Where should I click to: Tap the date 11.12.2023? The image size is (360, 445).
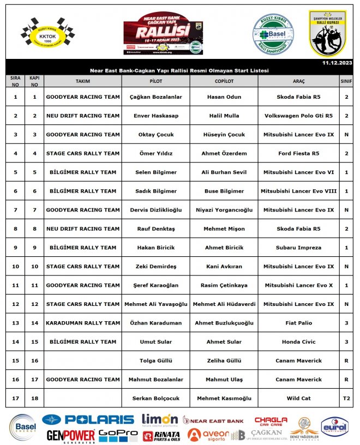click(337, 63)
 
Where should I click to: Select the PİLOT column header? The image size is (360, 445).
click(156, 81)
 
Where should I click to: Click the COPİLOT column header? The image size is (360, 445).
click(224, 81)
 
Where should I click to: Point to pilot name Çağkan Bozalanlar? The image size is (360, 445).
click(156, 97)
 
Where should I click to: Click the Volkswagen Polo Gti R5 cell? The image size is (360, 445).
click(298, 116)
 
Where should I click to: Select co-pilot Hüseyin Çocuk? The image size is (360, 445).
click(224, 135)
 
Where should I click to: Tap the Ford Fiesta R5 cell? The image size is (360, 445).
click(298, 153)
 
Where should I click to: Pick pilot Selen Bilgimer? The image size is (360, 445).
click(156, 172)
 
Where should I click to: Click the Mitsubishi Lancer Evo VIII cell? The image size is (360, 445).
click(298, 191)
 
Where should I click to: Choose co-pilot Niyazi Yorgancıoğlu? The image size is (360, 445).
click(224, 210)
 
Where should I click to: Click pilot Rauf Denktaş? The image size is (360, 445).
click(156, 228)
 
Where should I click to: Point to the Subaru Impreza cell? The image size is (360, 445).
click(298, 248)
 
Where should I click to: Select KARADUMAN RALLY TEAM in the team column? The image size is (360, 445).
click(83, 323)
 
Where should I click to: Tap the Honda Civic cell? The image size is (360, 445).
click(298, 342)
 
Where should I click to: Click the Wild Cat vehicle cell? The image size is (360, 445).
click(298, 398)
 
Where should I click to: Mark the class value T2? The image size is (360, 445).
click(346, 398)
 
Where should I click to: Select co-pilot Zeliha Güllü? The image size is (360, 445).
click(224, 360)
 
